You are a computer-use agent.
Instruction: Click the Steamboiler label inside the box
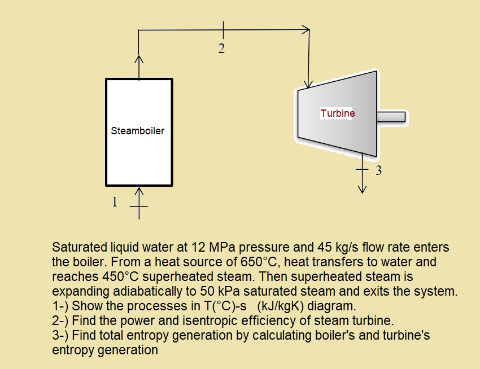[x=138, y=131]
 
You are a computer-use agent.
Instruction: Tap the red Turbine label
[x=338, y=113]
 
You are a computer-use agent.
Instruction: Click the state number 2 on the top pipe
[x=221, y=49]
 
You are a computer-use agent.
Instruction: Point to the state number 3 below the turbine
[x=379, y=170]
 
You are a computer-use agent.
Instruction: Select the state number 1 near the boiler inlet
[x=115, y=201]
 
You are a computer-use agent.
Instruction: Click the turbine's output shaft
[x=391, y=117]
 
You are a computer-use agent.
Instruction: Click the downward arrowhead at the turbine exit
[x=362, y=190]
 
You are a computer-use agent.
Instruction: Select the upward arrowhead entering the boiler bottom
[x=139, y=192]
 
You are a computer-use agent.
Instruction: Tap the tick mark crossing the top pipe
[x=223, y=30]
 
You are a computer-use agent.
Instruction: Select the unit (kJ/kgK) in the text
[x=282, y=306]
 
